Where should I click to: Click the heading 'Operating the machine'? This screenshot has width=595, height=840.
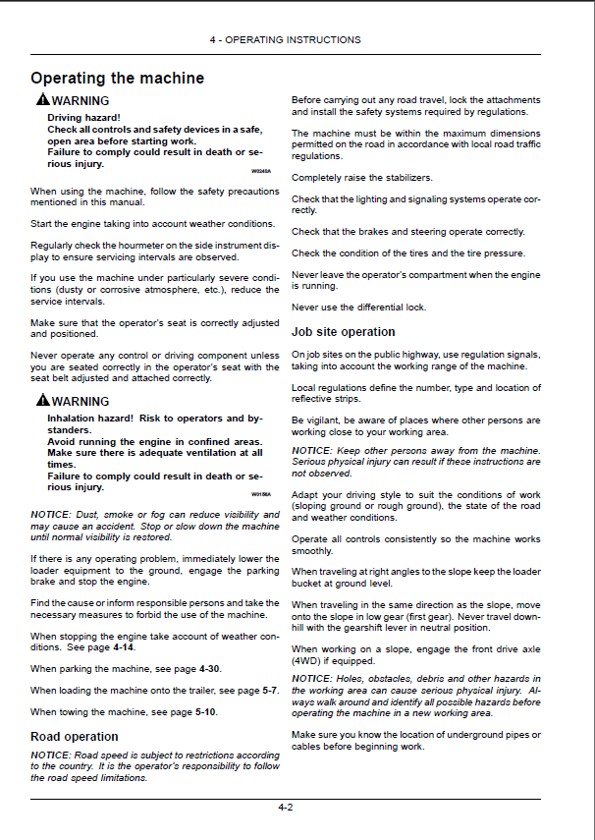pos(117,78)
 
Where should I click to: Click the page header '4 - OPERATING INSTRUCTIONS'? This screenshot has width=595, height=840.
pos(285,40)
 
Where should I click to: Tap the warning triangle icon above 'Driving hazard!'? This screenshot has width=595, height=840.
pos(42,101)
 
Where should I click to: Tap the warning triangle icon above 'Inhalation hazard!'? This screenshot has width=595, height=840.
pos(42,402)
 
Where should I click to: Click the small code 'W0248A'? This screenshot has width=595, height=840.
pos(260,172)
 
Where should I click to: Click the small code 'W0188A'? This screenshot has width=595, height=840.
pos(260,494)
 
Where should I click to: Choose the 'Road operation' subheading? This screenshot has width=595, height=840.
pos(75,736)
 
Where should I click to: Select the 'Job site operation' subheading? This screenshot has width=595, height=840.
pos(344,332)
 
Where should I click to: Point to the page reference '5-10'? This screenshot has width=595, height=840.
pos(205,711)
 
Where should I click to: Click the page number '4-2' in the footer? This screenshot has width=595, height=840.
pos(285,807)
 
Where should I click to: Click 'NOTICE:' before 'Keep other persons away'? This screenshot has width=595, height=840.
pos(311,450)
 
